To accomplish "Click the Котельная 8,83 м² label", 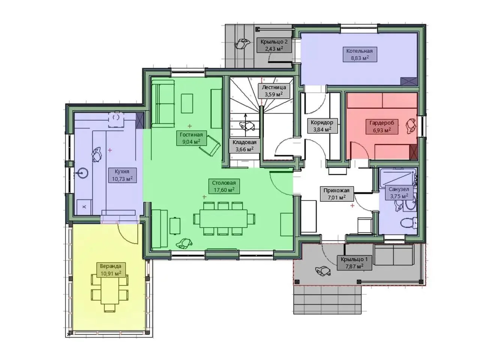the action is tap(359, 54).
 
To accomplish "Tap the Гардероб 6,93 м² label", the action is tap(382, 126).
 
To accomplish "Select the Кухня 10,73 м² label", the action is tap(122, 175).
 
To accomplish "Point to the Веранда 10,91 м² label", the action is tap(111, 270).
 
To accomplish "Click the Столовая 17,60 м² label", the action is tap(224, 186).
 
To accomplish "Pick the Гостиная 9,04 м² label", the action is tap(191, 138).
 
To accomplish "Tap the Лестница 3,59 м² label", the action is tap(274, 91).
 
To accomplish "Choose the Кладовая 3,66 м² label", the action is tap(244, 146).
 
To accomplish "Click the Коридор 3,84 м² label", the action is tap(322, 126).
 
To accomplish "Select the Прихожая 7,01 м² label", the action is tap(336, 193).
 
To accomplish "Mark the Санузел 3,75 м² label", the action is tap(399, 193).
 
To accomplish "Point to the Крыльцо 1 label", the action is tap(354, 259).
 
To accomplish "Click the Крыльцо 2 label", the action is tap(274, 42).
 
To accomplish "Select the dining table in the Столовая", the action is tap(224, 219).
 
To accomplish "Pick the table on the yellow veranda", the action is tap(110, 292).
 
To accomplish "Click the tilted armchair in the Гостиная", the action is tap(210, 146).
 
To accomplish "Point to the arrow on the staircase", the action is tap(245, 122).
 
